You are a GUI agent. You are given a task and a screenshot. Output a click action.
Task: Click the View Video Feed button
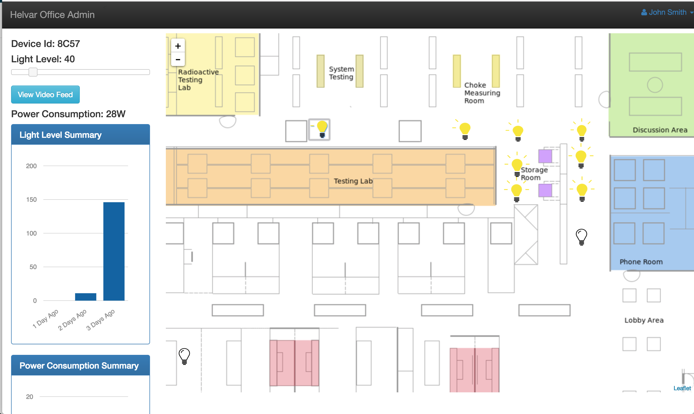[45, 95]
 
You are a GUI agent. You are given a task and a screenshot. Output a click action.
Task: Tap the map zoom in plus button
[178, 46]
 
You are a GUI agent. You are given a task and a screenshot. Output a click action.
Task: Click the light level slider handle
[33, 72]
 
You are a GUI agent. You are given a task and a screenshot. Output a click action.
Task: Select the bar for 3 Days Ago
[114, 251]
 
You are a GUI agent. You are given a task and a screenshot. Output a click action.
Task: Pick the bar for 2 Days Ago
[86, 297]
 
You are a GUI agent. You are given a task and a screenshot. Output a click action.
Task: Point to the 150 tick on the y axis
[31, 199]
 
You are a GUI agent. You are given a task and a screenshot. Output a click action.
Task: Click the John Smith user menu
[667, 12]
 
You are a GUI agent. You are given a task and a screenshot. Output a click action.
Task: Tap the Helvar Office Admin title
[53, 15]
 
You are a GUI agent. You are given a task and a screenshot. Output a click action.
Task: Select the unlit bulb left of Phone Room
[581, 237]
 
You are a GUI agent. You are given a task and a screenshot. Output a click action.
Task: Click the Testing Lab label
[353, 181]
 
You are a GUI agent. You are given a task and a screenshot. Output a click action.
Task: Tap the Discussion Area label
[660, 130]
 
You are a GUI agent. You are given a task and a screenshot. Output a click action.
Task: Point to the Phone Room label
[641, 262]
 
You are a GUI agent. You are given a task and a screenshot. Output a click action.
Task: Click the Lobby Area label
[644, 320]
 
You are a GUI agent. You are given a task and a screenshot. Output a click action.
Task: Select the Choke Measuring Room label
[482, 93]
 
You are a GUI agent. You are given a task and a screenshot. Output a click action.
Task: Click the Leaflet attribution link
[682, 388]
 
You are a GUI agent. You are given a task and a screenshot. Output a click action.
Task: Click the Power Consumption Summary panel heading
[79, 365]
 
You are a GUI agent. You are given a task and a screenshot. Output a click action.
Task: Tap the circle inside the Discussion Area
[655, 85]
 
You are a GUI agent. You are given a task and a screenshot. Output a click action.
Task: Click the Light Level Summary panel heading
[60, 135]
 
